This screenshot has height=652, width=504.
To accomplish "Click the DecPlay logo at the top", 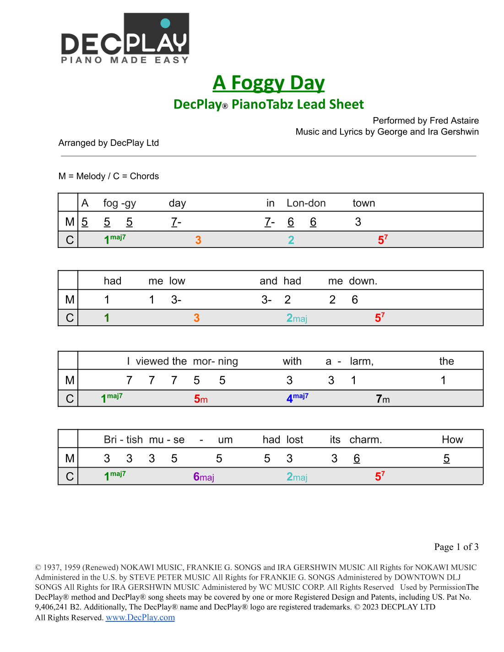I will coord(125,38).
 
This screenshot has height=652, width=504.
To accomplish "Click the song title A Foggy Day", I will coord(269,83).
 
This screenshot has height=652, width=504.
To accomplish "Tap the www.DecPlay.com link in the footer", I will coord(140,617).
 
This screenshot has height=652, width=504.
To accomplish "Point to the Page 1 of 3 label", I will coord(456,547).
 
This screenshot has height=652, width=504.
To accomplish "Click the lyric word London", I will coord(306,203).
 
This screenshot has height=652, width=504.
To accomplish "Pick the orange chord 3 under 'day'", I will coord(198,240).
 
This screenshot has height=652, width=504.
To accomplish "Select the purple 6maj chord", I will coord(203,477).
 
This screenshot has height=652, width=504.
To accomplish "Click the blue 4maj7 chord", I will coord(297,398).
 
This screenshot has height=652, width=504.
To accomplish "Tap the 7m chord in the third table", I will coord(383,399).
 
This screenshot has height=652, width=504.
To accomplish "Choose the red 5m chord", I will coord(201,399).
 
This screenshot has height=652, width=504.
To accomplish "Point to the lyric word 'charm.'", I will coord(365,440).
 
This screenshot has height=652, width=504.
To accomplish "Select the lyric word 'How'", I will coord(452,440).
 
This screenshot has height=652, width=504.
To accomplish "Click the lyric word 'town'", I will coord(363,203).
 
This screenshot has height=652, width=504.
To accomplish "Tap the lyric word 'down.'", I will coord(363,281).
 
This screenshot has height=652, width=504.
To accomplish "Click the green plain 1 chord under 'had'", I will coord(107,318).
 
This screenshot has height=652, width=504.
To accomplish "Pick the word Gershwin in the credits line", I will coord(460,132).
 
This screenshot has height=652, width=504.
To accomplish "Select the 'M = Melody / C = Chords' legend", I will coord(108,176).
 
